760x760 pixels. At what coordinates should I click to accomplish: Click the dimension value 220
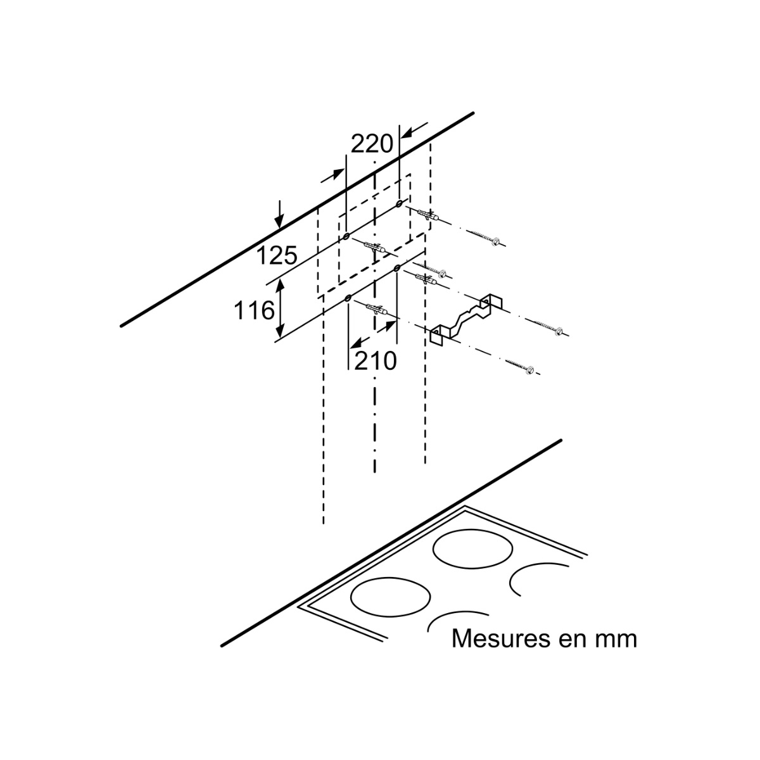point(372,144)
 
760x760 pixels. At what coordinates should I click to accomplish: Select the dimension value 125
point(277,256)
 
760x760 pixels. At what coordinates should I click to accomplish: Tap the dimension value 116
point(254,310)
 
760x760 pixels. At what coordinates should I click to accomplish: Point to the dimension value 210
point(375,361)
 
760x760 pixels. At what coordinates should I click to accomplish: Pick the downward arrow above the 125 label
point(280,215)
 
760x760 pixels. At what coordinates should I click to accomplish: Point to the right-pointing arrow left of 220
point(332,176)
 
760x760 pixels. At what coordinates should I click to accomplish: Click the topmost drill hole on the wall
point(400,204)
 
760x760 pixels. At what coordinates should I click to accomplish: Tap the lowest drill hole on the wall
point(348,298)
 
